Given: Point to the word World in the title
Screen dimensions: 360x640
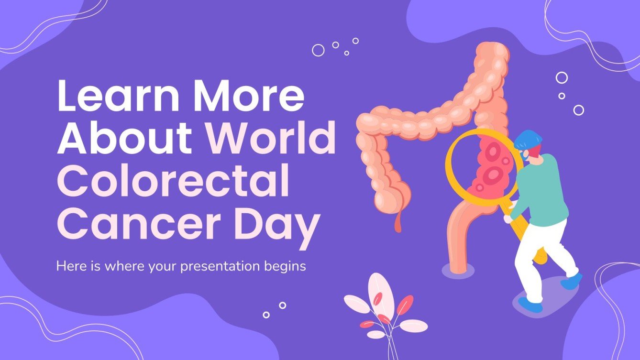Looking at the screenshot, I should [271, 138].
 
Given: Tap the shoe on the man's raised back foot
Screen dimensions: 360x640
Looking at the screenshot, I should [572, 282].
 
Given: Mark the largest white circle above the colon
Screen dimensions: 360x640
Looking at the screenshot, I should [318, 50].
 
